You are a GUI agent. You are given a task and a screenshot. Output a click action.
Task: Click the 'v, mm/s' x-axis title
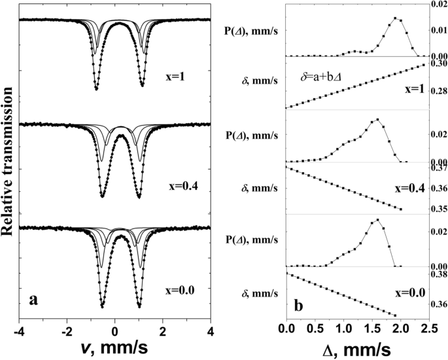click(116, 347)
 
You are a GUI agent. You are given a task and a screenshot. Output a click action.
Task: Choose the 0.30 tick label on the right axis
click(438, 63)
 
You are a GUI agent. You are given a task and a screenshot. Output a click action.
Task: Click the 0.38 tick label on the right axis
click(438, 275)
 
